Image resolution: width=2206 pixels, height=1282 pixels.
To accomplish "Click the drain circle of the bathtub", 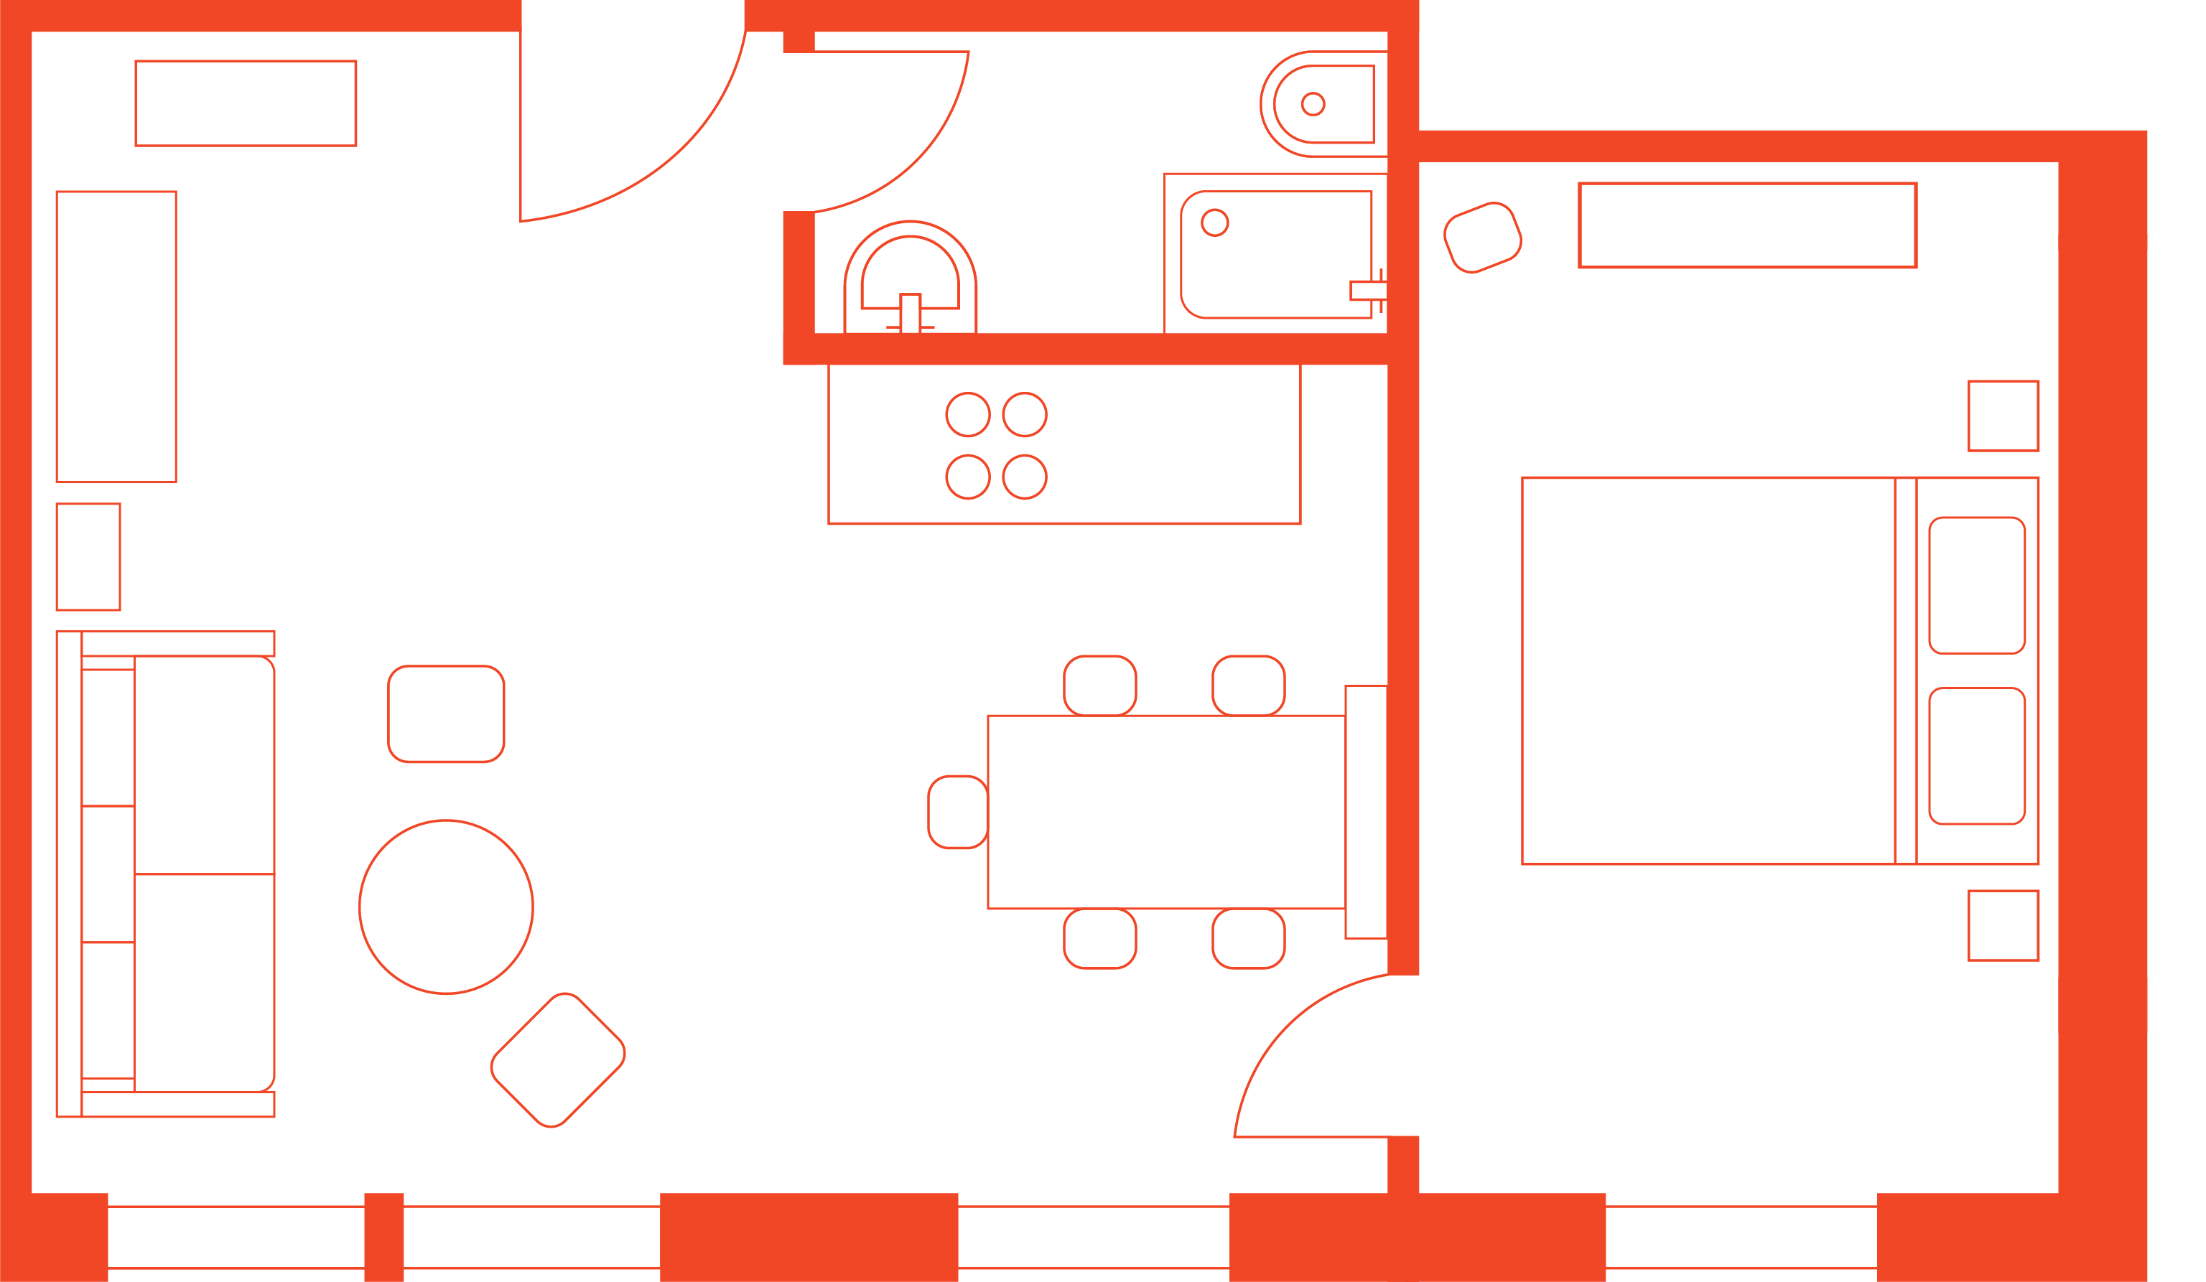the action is [1214, 223].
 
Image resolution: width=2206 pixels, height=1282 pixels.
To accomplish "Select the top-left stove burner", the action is [967, 415].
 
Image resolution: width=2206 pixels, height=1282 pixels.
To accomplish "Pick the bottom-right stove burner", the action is [1024, 477].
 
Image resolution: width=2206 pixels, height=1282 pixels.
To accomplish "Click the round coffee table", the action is [445, 907].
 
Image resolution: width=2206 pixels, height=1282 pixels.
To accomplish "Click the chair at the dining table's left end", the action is [957, 812].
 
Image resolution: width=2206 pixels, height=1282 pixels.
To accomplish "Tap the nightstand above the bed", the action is [2003, 416].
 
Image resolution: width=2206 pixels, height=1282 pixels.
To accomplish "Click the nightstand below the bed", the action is [2003, 925].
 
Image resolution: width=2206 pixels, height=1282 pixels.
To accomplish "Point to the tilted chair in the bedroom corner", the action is [1482, 237].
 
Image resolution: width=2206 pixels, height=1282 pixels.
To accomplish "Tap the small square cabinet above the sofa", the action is [88, 556].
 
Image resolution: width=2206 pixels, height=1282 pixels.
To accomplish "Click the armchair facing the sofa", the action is [445, 713].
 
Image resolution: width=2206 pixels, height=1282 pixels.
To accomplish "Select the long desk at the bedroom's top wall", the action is [1747, 225].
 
